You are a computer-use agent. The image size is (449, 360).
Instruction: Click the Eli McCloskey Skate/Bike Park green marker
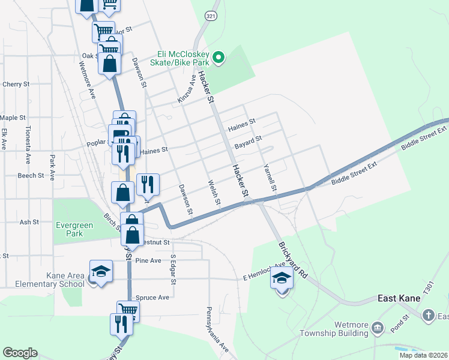pyautogui.click(x=219, y=58)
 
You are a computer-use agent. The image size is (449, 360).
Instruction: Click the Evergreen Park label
pyautogui.click(x=74, y=229)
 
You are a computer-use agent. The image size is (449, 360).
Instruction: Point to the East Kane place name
pyautogui.click(x=402, y=298)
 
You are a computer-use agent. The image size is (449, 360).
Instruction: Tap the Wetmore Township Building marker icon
pyautogui.click(x=378, y=328)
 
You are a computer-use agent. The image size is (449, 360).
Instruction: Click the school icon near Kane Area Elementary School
pyautogui.click(x=101, y=271)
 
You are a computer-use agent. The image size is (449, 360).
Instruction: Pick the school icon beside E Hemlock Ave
pyautogui.click(x=282, y=277)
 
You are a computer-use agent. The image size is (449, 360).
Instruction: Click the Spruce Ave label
pyautogui.click(x=153, y=298)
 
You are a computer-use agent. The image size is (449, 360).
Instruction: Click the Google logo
pyautogui.click(x=20, y=353)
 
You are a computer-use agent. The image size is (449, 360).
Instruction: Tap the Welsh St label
pyautogui.click(x=214, y=192)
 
